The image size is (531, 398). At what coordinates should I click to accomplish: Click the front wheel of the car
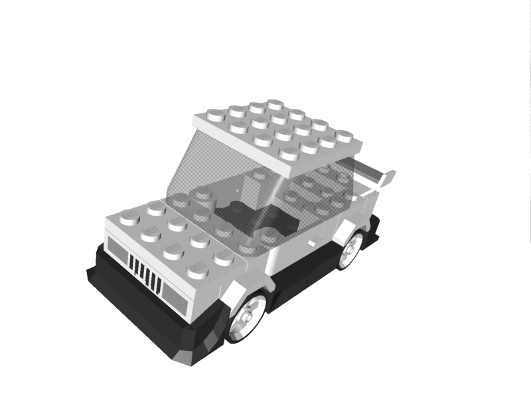click(x=248, y=317)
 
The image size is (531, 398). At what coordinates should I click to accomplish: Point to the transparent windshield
click(x=199, y=166)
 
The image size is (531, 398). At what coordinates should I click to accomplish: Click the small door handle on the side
click(x=312, y=243)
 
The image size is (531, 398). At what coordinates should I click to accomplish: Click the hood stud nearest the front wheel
click(x=198, y=269)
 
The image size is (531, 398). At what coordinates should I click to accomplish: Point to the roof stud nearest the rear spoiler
click(x=344, y=136)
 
